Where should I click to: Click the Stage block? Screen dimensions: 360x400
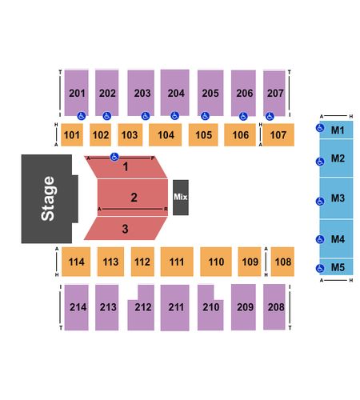click(x=47, y=198)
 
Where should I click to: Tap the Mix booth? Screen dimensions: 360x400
click(x=181, y=198)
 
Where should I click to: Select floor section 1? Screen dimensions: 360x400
click(x=126, y=167)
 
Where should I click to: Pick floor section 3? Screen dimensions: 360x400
click(x=126, y=229)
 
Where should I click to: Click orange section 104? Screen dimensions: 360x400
click(x=166, y=135)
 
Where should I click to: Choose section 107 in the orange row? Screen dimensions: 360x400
click(x=278, y=135)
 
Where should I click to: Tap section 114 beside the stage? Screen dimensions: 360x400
click(x=76, y=262)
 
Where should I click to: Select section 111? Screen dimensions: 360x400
click(x=177, y=262)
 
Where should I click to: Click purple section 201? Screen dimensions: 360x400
click(x=77, y=93)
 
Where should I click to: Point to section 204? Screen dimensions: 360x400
click(x=175, y=93)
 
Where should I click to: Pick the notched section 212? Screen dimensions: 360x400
click(x=142, y=307)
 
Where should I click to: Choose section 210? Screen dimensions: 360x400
click(x=210, y=307)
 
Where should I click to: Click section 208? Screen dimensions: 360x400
click(x=274, y=307)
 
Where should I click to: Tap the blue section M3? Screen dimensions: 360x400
click(x=336, y=198)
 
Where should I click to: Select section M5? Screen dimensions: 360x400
click(x=336, y=267)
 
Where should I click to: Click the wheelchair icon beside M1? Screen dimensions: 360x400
click(x=320, y=128)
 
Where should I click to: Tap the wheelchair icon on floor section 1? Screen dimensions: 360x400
click(x=114, y=157)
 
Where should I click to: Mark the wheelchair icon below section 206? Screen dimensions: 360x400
click(x=243, y=116)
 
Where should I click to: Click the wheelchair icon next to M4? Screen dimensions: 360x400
click(x=320, y=239)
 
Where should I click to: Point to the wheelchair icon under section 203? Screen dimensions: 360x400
click(x=146, y=116)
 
